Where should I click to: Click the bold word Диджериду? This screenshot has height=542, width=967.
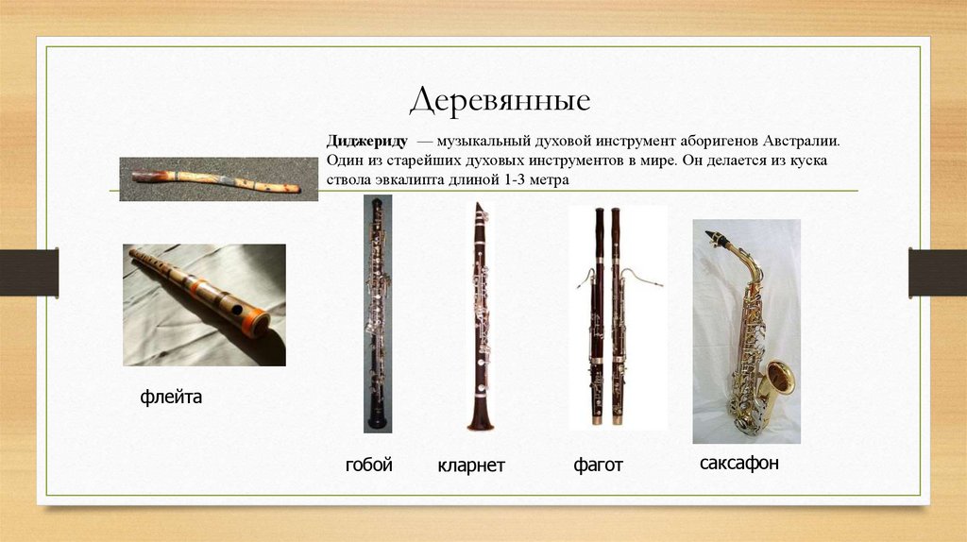367,141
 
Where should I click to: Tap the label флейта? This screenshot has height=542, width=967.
171,398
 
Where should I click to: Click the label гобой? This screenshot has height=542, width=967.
368,465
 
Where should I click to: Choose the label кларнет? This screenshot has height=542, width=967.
471,466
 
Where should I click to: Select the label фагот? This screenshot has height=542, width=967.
598,466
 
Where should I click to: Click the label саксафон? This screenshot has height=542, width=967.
739,464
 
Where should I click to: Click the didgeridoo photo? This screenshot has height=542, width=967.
217,178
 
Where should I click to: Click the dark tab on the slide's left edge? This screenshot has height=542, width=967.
28,272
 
